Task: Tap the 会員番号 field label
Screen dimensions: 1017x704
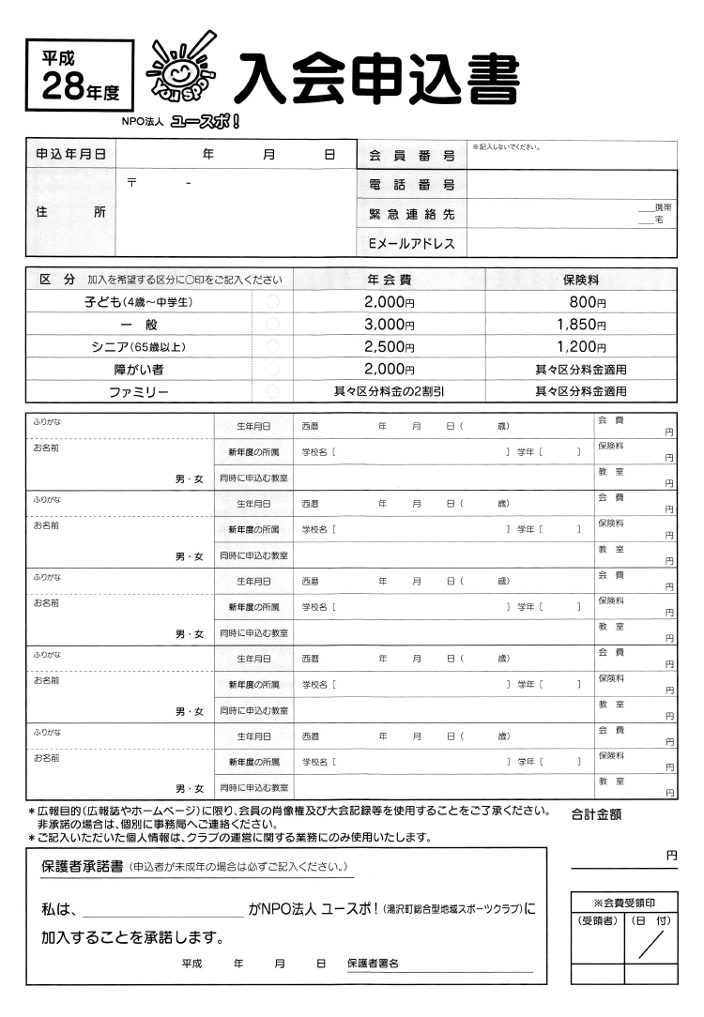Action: click(411, 155)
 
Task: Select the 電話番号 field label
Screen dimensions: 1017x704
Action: click(411, 185)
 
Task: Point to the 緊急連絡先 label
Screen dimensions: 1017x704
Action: click(411, 215)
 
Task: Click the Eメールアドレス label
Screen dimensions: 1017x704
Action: click(411, 244)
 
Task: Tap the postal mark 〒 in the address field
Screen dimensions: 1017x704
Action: click(132, 181)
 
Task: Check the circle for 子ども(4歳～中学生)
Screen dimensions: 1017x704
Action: click(273, 301)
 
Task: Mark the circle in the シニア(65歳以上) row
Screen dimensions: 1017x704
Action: click(273, 346)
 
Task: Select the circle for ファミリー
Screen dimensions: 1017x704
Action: click(273, 391)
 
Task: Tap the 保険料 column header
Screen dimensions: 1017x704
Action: click(580, 280)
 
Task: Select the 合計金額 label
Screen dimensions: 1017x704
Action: click(603, 815)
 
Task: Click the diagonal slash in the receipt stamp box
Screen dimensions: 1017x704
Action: click(650, 943)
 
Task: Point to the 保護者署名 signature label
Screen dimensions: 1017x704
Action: click(373, 964)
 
